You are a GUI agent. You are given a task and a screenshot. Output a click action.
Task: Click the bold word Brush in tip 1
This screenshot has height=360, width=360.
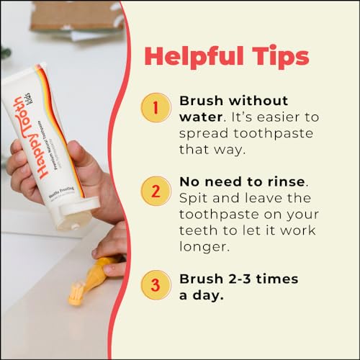point(204,102)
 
